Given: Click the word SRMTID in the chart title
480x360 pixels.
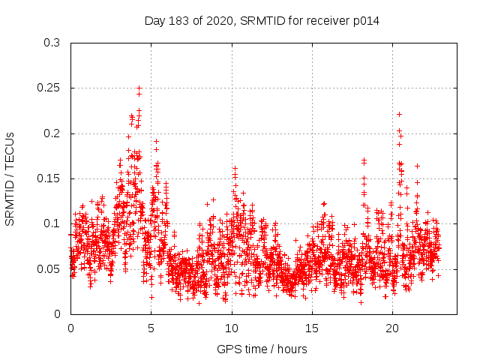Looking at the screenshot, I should point(260,21).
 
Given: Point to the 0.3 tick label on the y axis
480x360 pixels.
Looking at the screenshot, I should point(52,43).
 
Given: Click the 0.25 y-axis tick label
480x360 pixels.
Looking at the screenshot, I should point(49,88).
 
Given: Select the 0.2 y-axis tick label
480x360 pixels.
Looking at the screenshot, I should point(52,133).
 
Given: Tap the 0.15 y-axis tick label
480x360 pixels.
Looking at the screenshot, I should point(49,178).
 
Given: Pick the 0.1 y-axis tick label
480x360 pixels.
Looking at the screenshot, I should point(52,223).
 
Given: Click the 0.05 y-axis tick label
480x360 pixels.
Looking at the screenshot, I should point(49,269).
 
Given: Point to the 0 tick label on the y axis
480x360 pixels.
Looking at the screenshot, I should point(57,314).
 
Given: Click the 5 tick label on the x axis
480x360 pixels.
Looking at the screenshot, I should point(151,328).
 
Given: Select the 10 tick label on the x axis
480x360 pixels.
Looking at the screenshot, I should point(232,328).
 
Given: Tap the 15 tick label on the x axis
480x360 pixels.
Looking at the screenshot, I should point(312,328).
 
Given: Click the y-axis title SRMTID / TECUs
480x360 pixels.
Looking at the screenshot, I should point(10,178).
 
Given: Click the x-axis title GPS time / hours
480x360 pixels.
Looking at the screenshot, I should point(262,349).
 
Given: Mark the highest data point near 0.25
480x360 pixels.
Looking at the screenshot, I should point(139,88).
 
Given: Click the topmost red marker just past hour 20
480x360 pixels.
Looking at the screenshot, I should point(399,114).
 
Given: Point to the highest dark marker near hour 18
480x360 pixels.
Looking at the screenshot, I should point(364,160).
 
